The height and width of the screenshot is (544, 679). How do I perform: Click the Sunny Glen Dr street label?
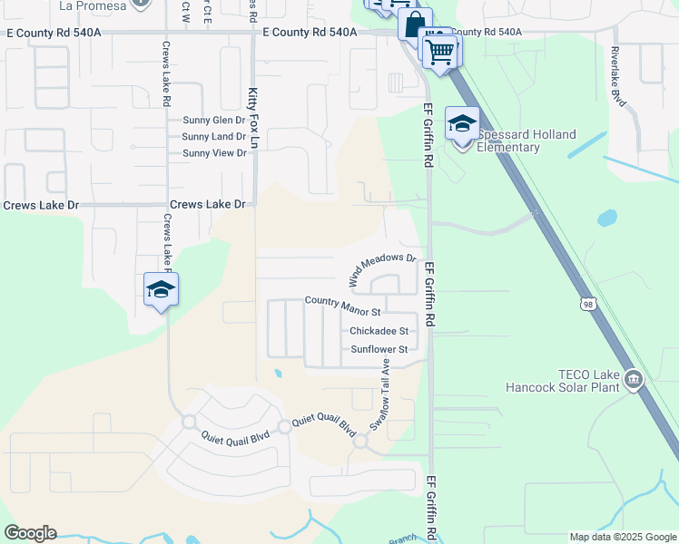(x=214, y=120)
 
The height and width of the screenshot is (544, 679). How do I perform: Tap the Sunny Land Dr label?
(x=213, y=137)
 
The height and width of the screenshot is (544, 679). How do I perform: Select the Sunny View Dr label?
(x=214, y=153)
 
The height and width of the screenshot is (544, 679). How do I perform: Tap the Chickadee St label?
(x=379, y=331)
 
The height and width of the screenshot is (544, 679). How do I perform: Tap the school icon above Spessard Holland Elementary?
(x=462, y=124)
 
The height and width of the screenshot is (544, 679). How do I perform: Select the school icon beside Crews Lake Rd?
(x=161, y=290)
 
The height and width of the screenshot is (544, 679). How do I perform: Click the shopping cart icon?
(x=439, y=52)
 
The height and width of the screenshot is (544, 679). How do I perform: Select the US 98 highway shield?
(x=589, y=306)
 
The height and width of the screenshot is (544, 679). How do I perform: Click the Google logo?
(x=30, y=533)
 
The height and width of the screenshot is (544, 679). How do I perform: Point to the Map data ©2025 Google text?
(x=622, y=537)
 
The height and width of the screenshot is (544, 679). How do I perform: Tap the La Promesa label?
(x=92, y=5)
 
